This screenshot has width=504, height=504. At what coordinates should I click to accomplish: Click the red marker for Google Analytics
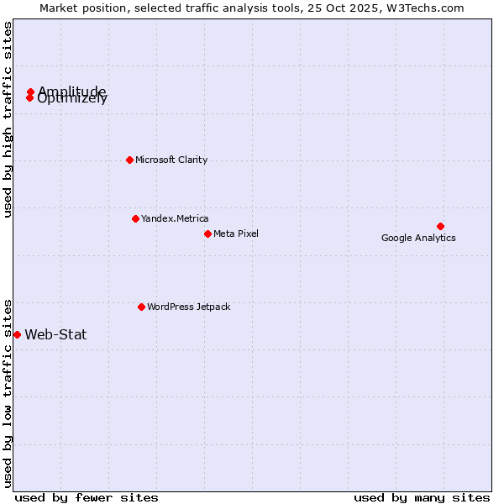(440, 226)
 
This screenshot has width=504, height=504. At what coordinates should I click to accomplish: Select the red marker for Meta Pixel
(207, 234)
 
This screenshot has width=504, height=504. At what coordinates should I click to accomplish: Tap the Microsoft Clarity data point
(129, 160)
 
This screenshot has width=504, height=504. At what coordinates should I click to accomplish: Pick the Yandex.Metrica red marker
(135, 218)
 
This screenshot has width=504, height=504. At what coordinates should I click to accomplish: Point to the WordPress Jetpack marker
(141, 307)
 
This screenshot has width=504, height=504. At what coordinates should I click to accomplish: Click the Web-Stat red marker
(17, 334)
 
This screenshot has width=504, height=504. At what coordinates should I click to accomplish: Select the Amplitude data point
(30, 92)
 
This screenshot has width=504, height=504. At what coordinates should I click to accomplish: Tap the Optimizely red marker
(29, 98)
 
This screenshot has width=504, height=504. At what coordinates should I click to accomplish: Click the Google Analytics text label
(418, 238)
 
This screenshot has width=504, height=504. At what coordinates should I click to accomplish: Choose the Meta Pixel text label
(236, 234)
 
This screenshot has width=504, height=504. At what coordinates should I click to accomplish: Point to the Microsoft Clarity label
(171, 160)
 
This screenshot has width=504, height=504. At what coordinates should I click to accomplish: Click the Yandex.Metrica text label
(175, 218)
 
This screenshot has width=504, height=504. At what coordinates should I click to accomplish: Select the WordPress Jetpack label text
(188, 307)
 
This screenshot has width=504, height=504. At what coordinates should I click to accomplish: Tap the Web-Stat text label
(55, 334)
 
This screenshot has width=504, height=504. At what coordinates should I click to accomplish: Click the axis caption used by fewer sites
(87, 497)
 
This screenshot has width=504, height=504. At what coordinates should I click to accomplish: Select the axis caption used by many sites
(422, 497)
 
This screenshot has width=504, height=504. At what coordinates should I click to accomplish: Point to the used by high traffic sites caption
(8, 119)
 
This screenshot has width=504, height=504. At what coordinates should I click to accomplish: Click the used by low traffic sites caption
(8, 392)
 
